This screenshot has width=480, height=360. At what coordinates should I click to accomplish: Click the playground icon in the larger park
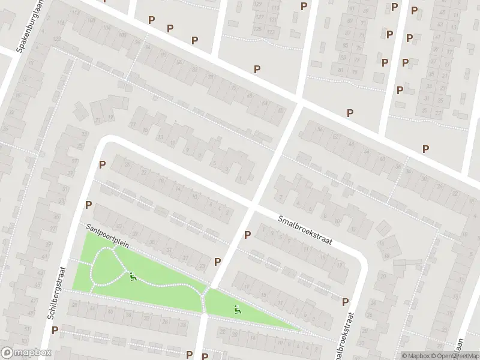tap(133, 277)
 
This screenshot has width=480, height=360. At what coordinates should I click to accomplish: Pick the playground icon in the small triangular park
tap(238, 310)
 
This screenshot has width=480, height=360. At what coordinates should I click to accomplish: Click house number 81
tap(341, 70)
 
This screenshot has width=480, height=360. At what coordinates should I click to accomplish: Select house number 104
tap(122, 35)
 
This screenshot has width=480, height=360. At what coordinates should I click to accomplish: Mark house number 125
tap(259, 28)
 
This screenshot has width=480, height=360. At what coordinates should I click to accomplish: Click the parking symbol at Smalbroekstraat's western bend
tap(102, 164)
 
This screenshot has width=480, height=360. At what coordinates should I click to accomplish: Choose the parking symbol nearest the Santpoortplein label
tap(89, 205)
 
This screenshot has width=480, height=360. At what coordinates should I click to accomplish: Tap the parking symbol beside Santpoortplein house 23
tap(218, 262)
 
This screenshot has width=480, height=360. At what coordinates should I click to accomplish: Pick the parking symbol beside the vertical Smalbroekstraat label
tap(345, 302)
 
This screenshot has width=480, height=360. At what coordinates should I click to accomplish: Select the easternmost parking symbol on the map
tap(426, 149)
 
